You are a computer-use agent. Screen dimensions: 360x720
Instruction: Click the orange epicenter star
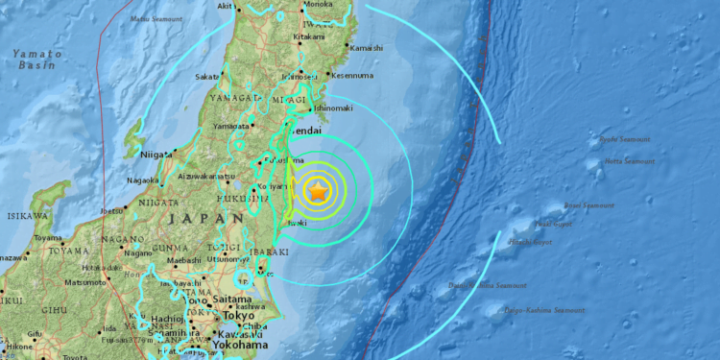click(x=319, y=191)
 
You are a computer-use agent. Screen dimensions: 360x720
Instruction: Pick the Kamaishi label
click(x=366, y=48)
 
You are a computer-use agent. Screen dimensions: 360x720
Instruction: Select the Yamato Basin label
click(x=36, y=60)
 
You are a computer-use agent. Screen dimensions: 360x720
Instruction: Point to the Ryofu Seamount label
click(x=625, y=139)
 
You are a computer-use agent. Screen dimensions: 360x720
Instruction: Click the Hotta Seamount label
click(x=628, y=160)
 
